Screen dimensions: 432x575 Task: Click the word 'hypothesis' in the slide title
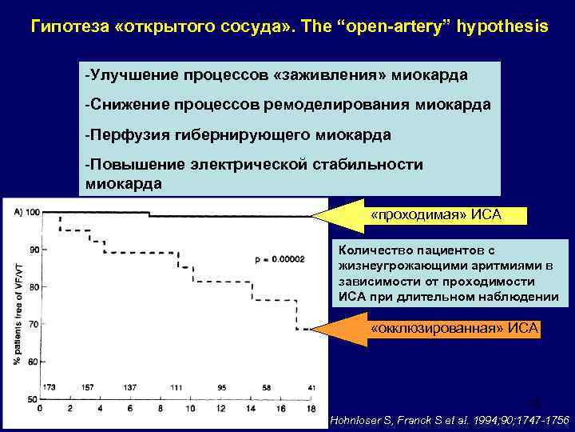click(x=501, y=26)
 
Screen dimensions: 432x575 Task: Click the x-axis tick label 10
click(x=188, y=409)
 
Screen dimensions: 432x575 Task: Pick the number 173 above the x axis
click(x=50, y=388)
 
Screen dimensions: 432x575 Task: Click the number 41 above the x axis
click(x=299, y=388)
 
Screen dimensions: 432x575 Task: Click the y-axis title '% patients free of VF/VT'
click(x=18, y=304)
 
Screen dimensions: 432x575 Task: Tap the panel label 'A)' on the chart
click(x=18, y=212)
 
